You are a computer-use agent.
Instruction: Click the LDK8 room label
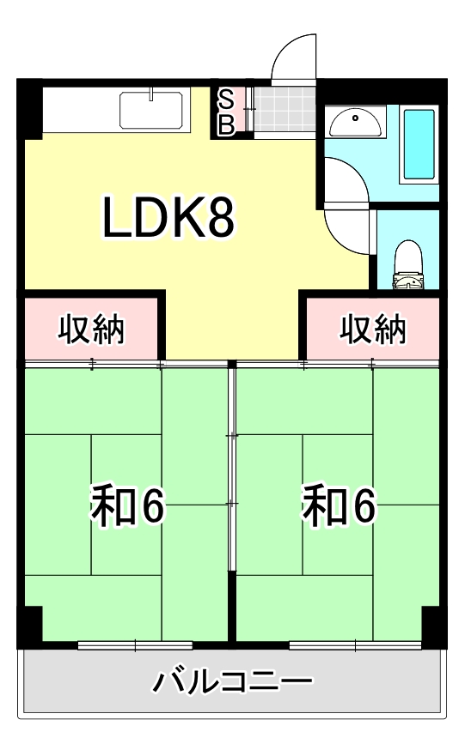[168, 218]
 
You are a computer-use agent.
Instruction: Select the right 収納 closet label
[372, 329]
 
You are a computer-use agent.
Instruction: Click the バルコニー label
[232, 683]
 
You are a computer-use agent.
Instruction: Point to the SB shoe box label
[225, 112]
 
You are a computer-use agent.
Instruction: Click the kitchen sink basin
[151, 110]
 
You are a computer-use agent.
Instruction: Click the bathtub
[419, 144]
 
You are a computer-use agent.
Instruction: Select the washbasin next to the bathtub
[355, 125]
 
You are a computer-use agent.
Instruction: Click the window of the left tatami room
[134, 644]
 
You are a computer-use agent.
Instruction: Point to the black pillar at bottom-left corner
[29, 624]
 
